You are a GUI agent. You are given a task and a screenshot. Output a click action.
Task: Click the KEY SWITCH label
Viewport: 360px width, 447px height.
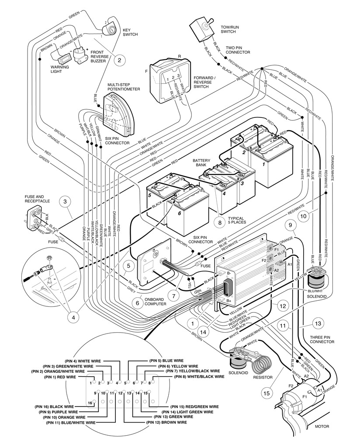130,33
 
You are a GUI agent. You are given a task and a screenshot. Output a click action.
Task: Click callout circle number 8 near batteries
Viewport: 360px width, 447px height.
220,222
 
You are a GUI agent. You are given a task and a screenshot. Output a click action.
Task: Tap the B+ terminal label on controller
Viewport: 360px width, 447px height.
228,300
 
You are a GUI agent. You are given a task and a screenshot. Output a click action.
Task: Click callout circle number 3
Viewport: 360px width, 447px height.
65,202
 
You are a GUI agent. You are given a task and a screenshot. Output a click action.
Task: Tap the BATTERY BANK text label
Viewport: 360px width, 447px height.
201,163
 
